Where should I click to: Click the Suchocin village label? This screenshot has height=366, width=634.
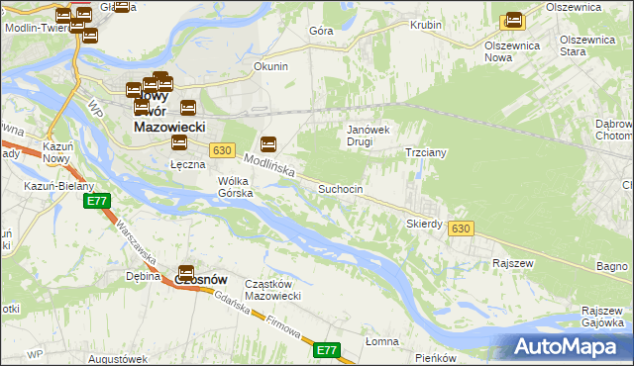[x=346, y=189]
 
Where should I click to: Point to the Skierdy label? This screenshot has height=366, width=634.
[x=424, y=224]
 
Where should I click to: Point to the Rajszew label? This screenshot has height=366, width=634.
[x=513, y=264]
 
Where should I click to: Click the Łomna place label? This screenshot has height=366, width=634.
[x=381, y=341]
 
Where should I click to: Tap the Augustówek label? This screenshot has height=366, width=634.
[x=117, y=358]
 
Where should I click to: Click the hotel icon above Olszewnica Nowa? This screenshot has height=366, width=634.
[x=513, y=20]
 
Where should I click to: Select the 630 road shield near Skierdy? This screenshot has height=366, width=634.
[x=459, y=229]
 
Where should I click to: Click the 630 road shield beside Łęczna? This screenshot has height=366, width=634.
[x=222, y=150]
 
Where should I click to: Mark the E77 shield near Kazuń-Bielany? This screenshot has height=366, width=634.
[x=96, y=202]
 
